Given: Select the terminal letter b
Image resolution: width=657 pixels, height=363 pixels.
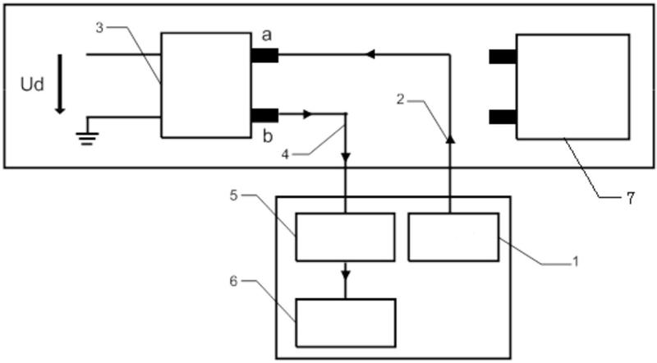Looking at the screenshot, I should click(x=266, y=136).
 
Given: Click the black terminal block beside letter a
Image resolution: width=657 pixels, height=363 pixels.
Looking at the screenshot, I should click(x=264, y=56).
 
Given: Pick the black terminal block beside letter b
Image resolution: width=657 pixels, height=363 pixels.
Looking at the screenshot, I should click(x=264, y=115).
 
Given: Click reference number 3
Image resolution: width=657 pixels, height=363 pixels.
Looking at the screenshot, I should click(x=100, y=27).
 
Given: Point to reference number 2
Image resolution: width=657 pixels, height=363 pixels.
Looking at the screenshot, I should click(x=401, y=99).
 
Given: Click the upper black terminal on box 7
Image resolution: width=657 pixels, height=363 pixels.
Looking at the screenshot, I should click(x=502, y=57).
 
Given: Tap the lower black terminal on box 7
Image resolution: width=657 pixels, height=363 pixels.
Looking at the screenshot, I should click(x=502, y=117).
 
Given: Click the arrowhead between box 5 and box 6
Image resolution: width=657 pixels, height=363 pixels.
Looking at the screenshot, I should click(x=346, y=272).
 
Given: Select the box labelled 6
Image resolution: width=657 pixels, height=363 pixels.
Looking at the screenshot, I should click(x=346, y=323).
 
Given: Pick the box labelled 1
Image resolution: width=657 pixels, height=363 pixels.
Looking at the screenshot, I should click(x=453, y=237).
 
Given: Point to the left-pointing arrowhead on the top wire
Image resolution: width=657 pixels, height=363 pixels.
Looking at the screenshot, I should click(x=370, y=55).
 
